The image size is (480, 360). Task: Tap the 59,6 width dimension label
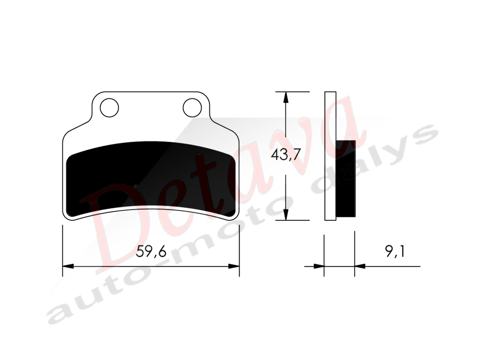pos(151,252)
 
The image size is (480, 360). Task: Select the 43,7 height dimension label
pos(285,155)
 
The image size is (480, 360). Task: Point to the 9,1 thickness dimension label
pos(395,252)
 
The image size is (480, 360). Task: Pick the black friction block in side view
pos(345,179)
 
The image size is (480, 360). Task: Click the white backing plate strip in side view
pos(330,156)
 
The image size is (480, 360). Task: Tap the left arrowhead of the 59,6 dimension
pos(68,266)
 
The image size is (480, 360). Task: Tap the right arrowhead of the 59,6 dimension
pos(234,266)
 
